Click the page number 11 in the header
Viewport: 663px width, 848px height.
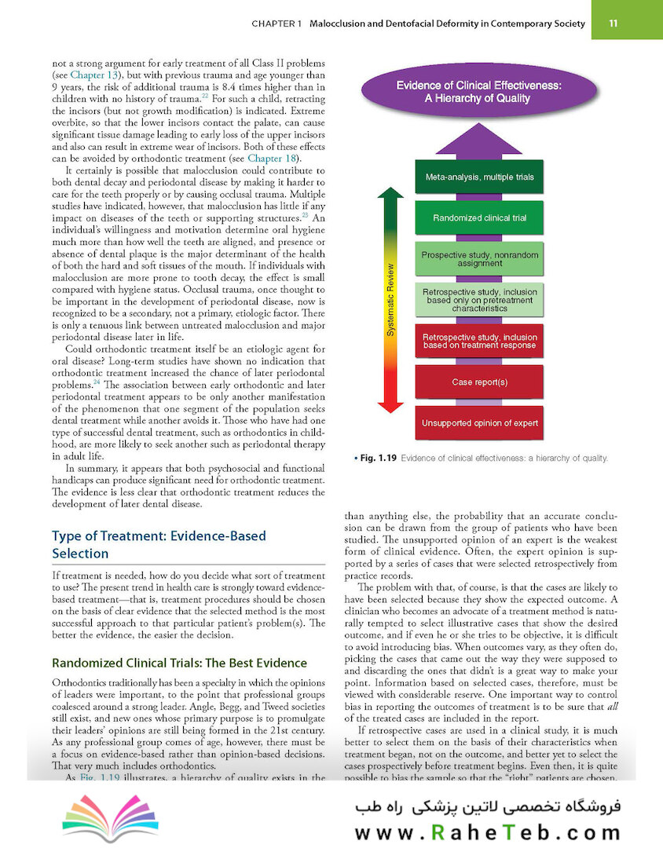coord(634,24)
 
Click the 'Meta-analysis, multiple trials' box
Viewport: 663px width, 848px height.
coord(479,177)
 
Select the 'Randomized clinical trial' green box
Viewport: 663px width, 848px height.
coord(479,217)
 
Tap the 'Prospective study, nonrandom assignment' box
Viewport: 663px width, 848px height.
coord(479,259)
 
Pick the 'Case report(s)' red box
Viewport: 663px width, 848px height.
coord(479,382)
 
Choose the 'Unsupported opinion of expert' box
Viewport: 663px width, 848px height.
coord(479,423)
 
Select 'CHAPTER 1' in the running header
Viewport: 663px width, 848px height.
coord(277,24)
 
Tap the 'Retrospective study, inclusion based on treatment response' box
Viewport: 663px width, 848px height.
coord(479,342)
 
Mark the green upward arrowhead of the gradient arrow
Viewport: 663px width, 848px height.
coord(390,192)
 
